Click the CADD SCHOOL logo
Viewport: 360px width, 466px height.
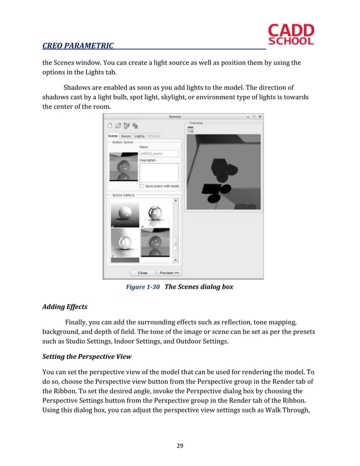(x=291, y=34)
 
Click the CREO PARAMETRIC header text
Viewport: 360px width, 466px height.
(x=78, y=46)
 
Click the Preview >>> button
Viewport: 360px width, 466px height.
(x=169, y=272)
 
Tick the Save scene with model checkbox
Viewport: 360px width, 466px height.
(x=142, y=186)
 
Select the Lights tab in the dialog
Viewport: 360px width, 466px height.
(x=139, y=136)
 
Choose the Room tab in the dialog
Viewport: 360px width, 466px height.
(x=126, y=136)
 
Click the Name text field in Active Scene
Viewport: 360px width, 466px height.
(x=159, y=153)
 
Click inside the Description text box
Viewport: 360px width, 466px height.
(x=159, y=172)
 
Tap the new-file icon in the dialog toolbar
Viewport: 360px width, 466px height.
(x=111, y=125)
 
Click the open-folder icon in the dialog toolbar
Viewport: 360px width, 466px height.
(x=119, y=125)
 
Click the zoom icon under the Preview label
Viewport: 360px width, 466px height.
(x=191, y=129)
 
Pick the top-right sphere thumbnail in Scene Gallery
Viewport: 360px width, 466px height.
(x=155, y=214)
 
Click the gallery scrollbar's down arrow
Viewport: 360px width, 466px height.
(x=175, y=260)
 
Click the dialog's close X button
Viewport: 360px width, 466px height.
(x=259, y=117)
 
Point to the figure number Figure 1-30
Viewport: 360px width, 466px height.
(x=143, y=287)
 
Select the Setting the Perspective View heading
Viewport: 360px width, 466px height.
(x=87, y=357)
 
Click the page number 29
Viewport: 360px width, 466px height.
(x=180, y=446)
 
